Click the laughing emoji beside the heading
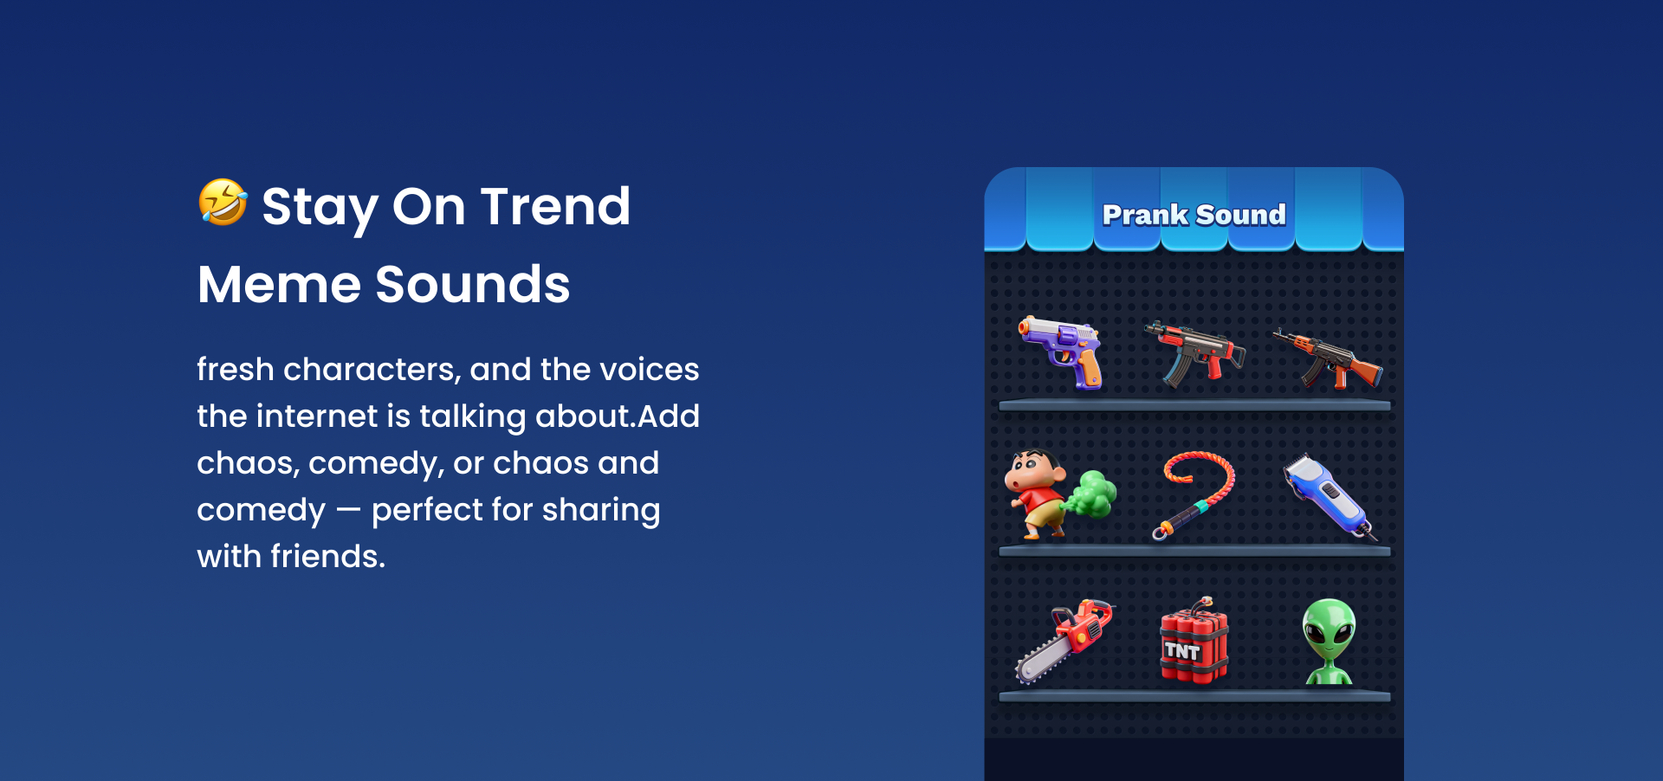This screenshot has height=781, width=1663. click(x=223, y=202)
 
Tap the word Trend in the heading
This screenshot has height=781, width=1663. click(x=555, y=207)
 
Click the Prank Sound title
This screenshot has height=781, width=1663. click(x=1194, y=215)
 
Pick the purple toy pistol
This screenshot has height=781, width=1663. click(x=1062, y=352)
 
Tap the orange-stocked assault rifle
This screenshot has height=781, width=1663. click(x=1327, y=358)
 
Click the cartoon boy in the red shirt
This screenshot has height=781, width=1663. click(x=1036, y=494)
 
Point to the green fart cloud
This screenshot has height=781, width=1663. click(x=1090, y=494)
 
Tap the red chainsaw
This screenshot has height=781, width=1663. click(x=1064, y=640)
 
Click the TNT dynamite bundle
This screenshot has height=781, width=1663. click(x=1194, y=642)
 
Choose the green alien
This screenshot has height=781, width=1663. click(x=1329, y=641)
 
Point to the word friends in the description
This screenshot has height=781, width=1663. click(x=327, y=556)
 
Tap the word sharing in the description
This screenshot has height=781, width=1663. click(x=600, y=511)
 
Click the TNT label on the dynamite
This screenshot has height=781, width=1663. click(x=1182, y=651)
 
